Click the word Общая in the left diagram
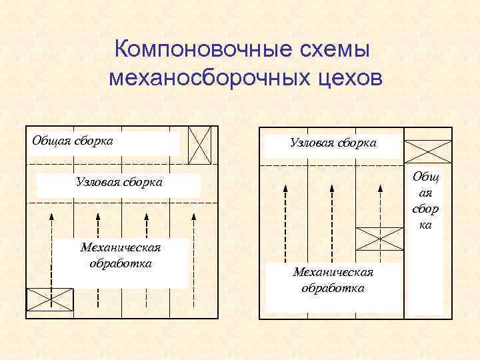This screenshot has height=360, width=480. [53, 141]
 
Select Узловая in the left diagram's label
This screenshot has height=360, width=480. [99, 182]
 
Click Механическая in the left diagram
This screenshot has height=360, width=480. [120, 248]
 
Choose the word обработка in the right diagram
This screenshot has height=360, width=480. [333, 288]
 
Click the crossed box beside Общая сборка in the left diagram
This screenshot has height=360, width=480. [200, 145]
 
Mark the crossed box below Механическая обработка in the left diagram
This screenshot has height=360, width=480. [50, 299]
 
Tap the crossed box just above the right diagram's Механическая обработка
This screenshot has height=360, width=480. [379, 238]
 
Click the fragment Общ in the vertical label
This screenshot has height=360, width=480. [426, 177]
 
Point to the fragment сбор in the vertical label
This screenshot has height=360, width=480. [426, 209]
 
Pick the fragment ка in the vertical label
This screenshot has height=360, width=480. [426, 225]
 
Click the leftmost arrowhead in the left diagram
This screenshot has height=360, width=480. [51, 215]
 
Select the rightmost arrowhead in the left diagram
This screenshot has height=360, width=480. [193, 215]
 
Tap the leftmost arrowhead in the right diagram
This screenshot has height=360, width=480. [285, 189]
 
